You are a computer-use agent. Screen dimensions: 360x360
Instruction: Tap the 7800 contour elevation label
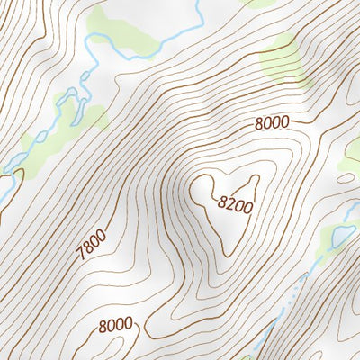tap(92, 245)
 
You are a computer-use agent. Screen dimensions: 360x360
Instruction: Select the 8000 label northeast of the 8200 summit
tap(273, 124)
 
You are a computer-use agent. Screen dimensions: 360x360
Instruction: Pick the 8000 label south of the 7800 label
tap(116, 324)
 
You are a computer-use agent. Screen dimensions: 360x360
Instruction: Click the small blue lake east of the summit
tap(341, 237)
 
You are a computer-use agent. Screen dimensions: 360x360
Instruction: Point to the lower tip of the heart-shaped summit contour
tap(226, 253)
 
